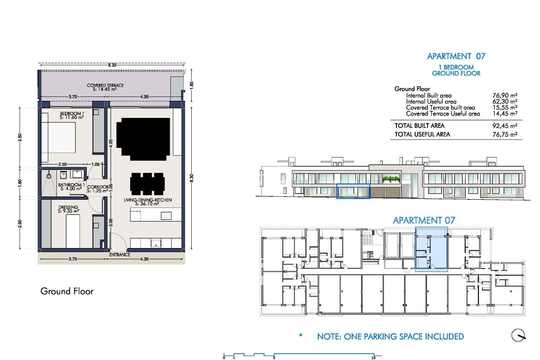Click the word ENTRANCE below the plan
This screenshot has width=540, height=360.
(120, 255)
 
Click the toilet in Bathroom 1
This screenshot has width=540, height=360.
(63, 175)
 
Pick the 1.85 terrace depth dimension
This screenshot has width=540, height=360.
(192, 85)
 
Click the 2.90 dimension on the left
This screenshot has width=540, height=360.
(20, 224)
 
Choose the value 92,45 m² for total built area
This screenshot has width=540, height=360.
(505, 126)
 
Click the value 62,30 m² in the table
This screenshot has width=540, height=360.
(505, 101)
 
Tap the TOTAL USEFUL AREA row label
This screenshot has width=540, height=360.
(422, 134)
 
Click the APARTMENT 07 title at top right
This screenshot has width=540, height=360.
(456, 56)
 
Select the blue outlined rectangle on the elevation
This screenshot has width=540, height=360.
(353, 191)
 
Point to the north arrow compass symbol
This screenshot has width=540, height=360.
(518, 335)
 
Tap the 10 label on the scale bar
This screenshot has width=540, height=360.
(373, 357)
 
